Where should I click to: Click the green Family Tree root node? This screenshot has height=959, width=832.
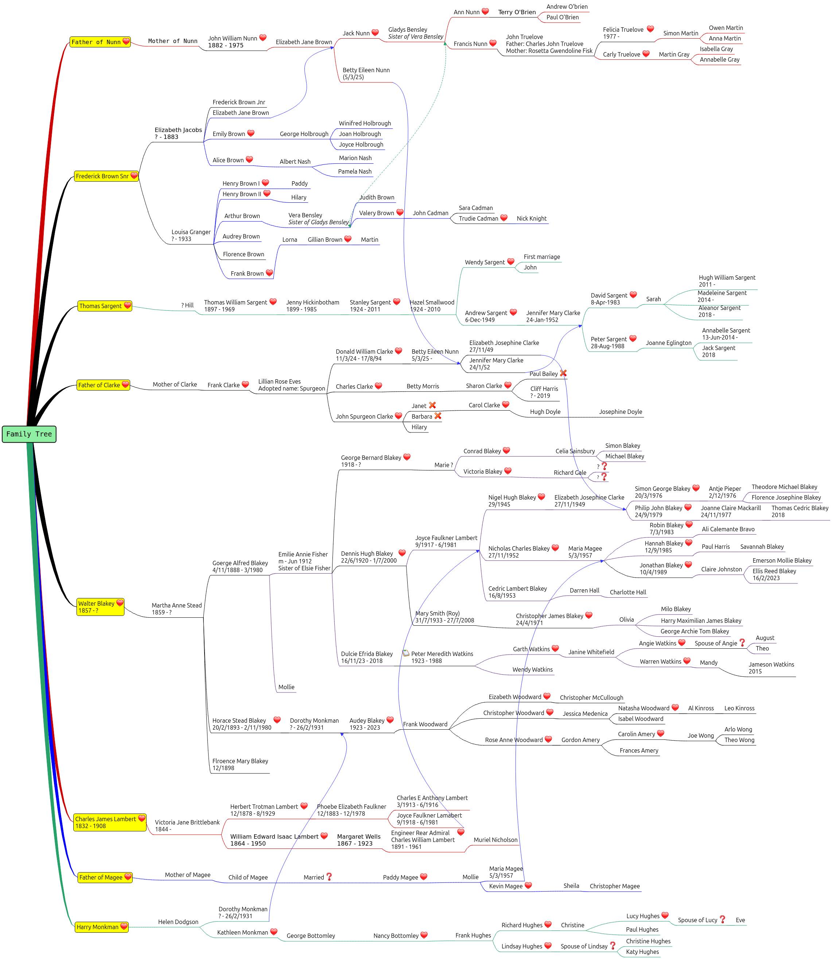pyautogui.click(x=29, y=434)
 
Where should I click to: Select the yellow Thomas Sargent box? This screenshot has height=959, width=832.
pyautogui.click(x=105, y=306)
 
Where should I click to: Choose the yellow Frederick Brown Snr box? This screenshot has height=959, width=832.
pyautogui.click(x=106, y=176)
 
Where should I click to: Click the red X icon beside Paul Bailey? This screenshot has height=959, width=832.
pyautogui.click(x=563, y=373)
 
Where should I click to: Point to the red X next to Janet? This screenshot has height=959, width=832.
pyautogui.click(x=432, y=405)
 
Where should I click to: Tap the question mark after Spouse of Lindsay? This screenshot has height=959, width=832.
pyautogui.click(x=613, y=946)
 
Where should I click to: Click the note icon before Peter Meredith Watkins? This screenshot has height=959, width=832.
pyautogui.click(x=406, y=653)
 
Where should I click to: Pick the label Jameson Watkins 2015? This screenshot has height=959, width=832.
pyautogui.click(x=771, y=668)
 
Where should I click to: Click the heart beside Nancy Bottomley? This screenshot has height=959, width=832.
pyautogui.click(x=424, y=935)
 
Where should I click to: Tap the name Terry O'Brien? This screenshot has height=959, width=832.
pyautogui.click(x=517, y=12)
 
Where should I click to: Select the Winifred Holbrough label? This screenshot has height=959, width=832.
pyautogui.click(x=365, y=124)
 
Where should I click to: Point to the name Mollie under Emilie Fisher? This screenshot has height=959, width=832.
pyautogui.click(x=287, y=687)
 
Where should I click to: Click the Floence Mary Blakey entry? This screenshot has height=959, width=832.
pyautogui.click(x=240, y=764)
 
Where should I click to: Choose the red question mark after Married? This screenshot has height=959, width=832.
pyautogui.click(x=329, y=877)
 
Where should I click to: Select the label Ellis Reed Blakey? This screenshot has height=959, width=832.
pyautogui.click(x=774, y=571)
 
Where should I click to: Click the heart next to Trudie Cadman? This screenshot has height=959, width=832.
pyautogui.click(x=504, y=218)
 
